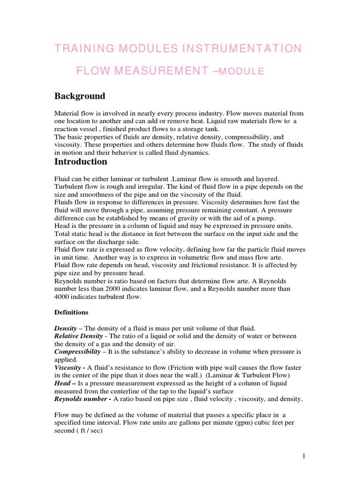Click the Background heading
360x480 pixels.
click(x=80, y=96)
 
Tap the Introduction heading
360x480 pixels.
click(x=81, y=162)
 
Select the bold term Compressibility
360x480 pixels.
click(x=77, y=351)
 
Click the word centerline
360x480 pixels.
click(x=130, y=391)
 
